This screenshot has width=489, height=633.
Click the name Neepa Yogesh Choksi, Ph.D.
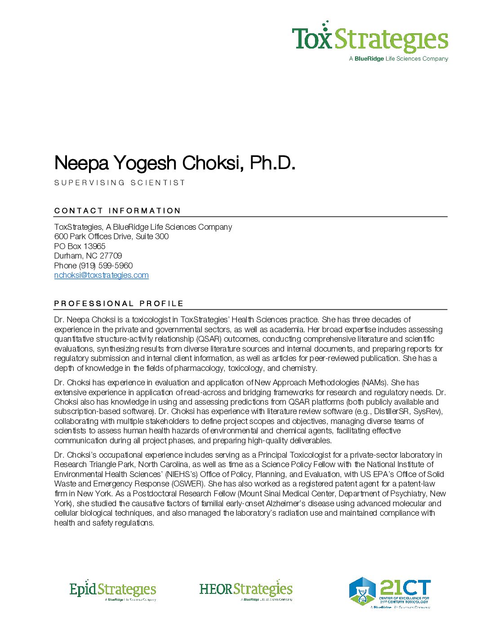click(174, 163)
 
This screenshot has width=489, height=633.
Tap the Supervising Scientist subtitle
click(120, 183)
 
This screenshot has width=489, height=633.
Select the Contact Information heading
click(117, 210)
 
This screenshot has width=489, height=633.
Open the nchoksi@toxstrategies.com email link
click(101, 275)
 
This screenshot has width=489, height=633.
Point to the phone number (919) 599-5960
click(106, 266)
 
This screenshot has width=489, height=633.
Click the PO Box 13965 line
click(80, 246)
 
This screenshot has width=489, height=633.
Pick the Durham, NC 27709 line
click(88, 256)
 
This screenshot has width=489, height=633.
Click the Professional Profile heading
click(119, 303)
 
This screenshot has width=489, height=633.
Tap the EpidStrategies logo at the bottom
click(112, 590)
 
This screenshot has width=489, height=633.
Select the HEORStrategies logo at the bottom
click(246, 590)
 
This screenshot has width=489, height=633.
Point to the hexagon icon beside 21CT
click(362, 591)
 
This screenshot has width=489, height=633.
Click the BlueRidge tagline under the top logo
click(398, 59)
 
